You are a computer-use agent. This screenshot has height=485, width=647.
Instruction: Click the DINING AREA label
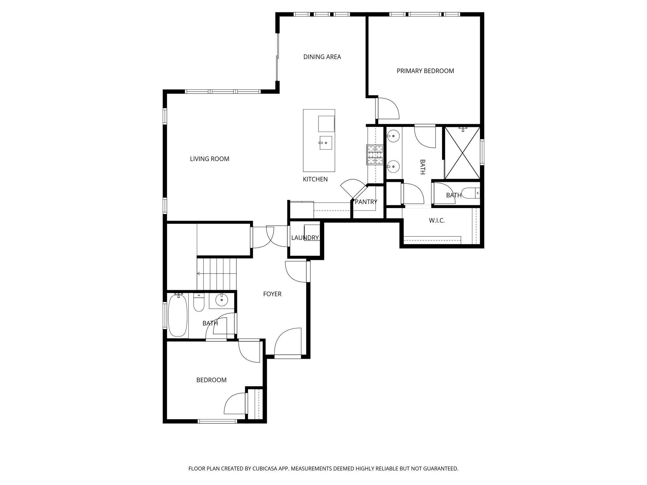tap(322, 57)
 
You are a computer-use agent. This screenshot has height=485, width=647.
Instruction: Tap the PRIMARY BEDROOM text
tap(425, 71)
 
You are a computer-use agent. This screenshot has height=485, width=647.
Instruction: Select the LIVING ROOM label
tap(209, 159)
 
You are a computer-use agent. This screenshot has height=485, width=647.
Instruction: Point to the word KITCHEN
tap(315, 179)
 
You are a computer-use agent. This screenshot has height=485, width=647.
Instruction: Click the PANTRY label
tap(366, 202)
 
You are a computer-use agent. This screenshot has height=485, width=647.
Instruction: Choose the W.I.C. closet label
tap(437, 221)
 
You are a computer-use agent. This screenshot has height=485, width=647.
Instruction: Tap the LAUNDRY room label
tap(305, 238)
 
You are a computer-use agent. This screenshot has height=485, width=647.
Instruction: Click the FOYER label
tap(272, 294)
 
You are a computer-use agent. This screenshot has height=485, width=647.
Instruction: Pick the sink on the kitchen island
tap(325, 143)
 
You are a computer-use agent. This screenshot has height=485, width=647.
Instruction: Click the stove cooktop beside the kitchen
tap(375, 155)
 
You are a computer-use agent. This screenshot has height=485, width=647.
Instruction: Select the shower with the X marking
tap(462, 153)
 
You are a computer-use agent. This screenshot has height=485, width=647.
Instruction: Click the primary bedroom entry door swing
tap(388, 109)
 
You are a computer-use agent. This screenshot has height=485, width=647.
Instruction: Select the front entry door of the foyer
tap(287, 343)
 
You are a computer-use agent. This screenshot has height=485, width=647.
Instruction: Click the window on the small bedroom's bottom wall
tap(217, 421)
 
